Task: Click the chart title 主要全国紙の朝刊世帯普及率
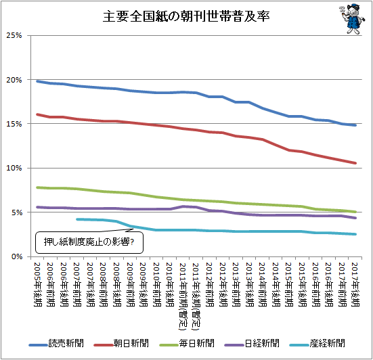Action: pos(186,16)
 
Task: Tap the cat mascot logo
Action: pos(352,18)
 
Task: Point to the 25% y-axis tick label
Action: pos(14,35)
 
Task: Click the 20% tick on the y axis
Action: pos(14,80)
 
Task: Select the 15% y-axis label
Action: pos(14,124)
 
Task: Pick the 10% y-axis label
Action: pos(14,168)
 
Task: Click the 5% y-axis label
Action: pos(17,212)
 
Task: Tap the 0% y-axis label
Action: pos(17,256)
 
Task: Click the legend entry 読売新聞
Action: pos(56,343)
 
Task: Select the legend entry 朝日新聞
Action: pos(121,343)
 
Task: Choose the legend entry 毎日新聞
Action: pos(187,343)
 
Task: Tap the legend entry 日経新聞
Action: pos(252,343)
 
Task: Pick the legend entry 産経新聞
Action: pos(317,343)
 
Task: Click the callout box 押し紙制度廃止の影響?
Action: pos(89,242)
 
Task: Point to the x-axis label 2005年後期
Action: pos(38,284)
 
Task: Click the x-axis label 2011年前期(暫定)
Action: pos(183,296)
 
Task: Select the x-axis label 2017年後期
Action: pos(355,284)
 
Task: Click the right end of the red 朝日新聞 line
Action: pos(355,163)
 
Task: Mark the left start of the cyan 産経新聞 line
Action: pos(77,219)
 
